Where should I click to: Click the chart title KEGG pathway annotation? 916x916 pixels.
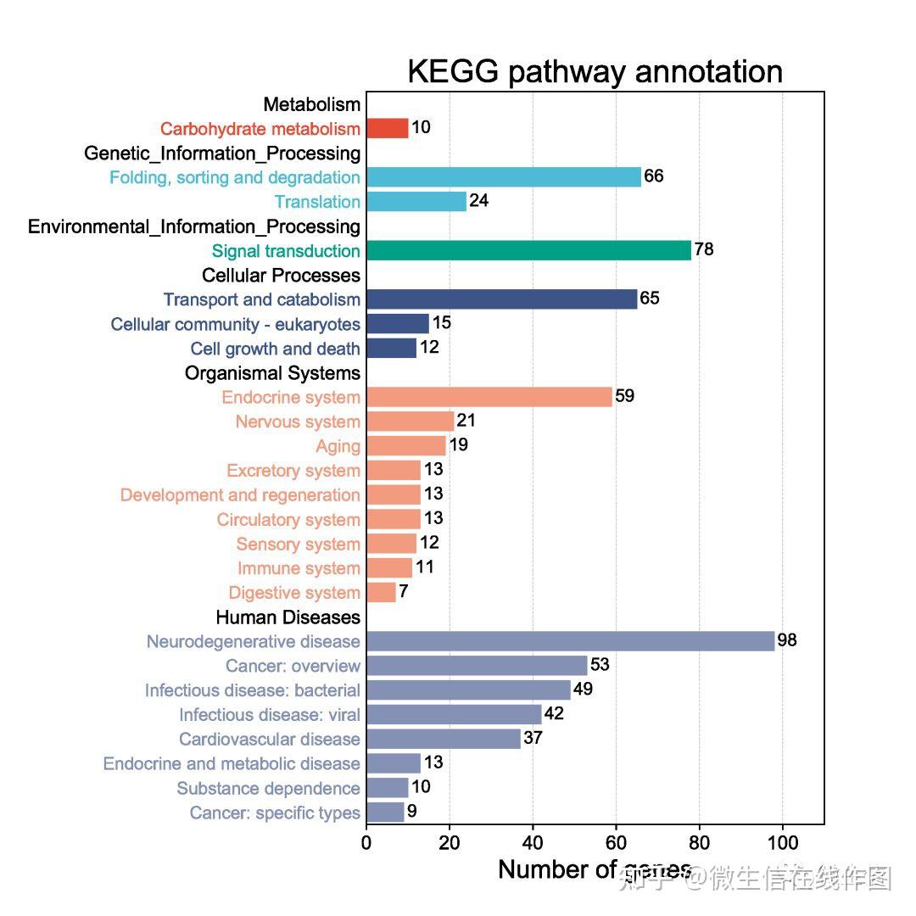coord(595,72)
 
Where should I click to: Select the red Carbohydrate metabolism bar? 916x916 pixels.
coord(387,128)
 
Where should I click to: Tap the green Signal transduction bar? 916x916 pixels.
coord(528,250)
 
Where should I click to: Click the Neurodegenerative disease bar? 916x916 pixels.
coord(570,641)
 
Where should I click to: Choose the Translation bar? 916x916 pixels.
coord(416,202)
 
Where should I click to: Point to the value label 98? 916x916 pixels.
coord(787,640)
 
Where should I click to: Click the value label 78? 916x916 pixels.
coord(704,249)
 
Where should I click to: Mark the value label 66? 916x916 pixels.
coord(653,176)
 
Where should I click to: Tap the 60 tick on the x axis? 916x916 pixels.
coord(616,843)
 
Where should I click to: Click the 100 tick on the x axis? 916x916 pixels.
coord(782,843)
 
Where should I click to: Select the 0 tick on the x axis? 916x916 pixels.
coord(366,843)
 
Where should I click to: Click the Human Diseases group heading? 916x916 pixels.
coord(288,617)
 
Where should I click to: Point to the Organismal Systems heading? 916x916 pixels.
coord(272,373)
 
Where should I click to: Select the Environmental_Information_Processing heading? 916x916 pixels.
coord(194,226)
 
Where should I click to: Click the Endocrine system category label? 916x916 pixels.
coord(291,398)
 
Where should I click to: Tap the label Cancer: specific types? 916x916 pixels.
coord(275,813)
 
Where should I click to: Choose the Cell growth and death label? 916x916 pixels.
coord(275,349)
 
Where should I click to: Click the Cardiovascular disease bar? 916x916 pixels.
coord(443,739)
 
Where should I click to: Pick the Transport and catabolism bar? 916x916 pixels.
coord(501,299)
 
